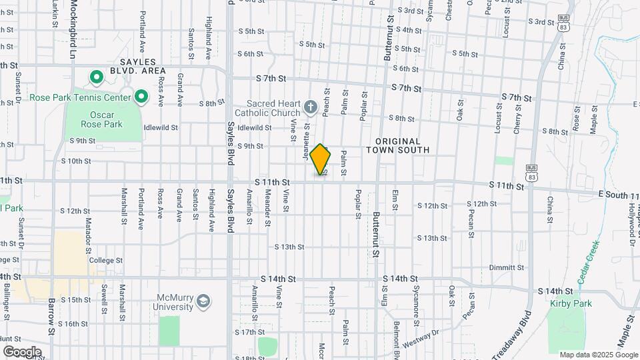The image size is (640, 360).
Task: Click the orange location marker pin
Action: pyautogui.click(x=321, y=159)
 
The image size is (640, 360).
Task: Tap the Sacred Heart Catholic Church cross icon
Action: pyautogui.click(x=310, y=107)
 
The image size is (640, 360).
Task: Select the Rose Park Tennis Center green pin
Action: pyautogui.click(x=141, y=98)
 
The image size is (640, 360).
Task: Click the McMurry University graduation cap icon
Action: pyautogui.click(x=202, y=303)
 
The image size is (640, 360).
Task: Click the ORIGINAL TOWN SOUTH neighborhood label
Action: pyautogui.click(x=397, y=145)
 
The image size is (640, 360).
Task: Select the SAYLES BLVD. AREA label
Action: pyautogui.click(x=143, y=65)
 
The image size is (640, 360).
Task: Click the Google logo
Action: pyautogui.click(x=22, y=351)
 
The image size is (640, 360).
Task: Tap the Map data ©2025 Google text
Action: pyautogui.click(x=598, y=355)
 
